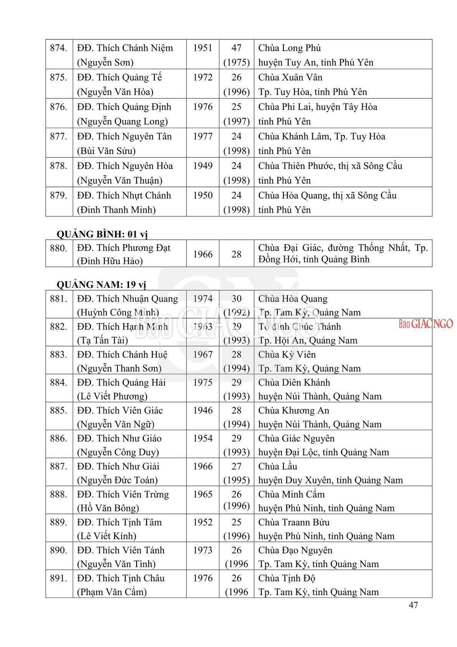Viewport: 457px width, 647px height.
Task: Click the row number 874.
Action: click(58, 48)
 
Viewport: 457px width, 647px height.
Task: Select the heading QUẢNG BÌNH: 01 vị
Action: click(102, 234)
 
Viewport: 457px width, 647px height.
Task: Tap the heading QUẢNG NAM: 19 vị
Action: click(101, 285)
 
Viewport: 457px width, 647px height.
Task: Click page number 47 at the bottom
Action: click(413, 605)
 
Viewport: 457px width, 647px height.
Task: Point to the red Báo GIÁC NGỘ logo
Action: click(426, 323)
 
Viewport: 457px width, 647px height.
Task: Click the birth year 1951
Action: click(203, 48)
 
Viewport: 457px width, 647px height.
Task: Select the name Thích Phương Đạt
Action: click(124, 248)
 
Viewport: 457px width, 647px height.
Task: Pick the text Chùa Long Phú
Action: click(290, 48)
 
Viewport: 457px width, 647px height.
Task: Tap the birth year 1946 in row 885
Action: click(203, 411)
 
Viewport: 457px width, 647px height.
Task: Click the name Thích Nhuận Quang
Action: click(127, 299)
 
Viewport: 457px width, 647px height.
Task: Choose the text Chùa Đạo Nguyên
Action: click(295, 550)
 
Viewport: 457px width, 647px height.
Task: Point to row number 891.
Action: click(58, 578)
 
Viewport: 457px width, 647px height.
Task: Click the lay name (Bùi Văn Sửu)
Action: click(106, 151)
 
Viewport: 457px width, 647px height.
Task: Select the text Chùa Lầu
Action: click(278, 466)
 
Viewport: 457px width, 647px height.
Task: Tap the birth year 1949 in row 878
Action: click(203, 166)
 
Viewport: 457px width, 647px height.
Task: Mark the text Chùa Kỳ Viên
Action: click(287, 355)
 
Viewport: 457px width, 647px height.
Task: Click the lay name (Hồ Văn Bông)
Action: click(108, 508)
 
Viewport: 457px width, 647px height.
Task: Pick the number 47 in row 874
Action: click(236, 48)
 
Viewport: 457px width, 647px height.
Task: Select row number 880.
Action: click(58, 248)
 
